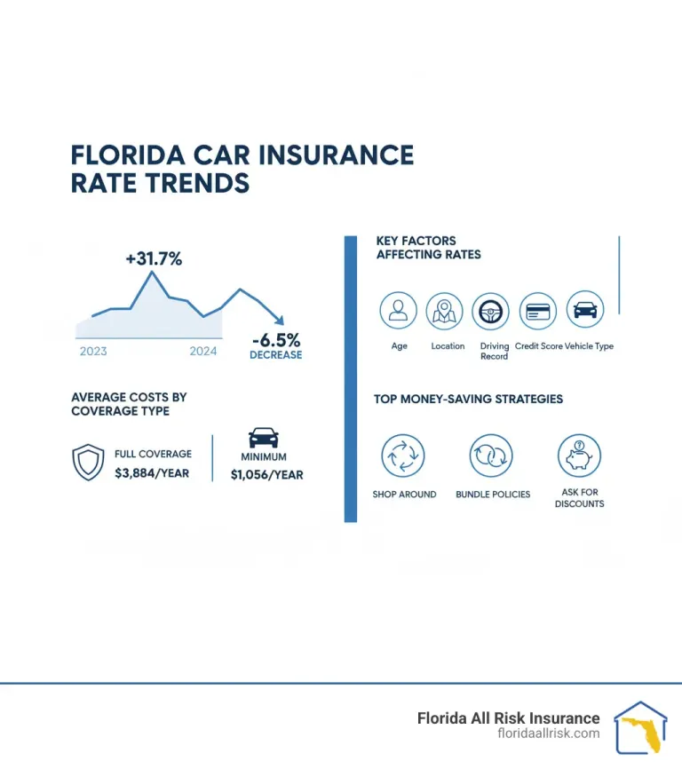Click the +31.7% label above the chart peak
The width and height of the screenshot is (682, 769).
(x=154, y=259)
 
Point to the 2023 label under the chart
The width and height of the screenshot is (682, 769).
(x=93, y=351)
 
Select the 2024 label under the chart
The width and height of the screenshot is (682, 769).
(x=203, y=351)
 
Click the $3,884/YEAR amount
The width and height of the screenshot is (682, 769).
(x=152, y=473)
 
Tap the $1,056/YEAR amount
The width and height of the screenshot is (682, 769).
(x=266, y=474)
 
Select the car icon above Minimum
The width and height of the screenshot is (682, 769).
(x=264, y=438)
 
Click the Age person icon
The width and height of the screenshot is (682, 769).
(x=399, y=311)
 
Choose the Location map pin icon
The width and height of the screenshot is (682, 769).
(x=445, y=311)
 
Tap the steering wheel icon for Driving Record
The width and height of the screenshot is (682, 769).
(x=491, y=312)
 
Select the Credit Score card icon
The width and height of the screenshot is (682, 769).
(x=538, y=312)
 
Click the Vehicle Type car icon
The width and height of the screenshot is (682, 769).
(x=585, y=311)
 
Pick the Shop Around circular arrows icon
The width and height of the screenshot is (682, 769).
(x=404, y=456)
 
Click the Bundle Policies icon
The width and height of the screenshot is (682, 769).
(x=492, y=456)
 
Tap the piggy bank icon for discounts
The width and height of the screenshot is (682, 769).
(x=579, y=456)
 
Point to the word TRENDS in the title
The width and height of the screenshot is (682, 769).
(x=160, y=183)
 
